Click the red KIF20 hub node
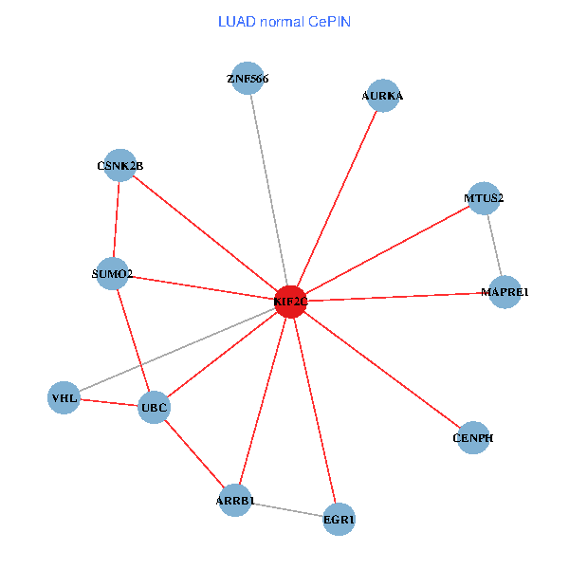click(x=290, y=302)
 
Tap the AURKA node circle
click(x=382, y=96)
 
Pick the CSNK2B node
click(x=119, y=166)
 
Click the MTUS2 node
click(x=484, y=198)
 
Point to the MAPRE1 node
click(x=505, y=293)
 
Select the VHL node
click(x=64, y=398)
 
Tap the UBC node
click(x=154, y=409)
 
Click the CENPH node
click(x=473, y=438)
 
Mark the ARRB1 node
click(x=235, y=500)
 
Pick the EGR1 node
click(x=339, y=519)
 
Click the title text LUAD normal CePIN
click(x=284, y=21)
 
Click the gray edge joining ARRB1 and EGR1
click(x=286, y=509)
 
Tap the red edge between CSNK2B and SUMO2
click(x=117, y=220)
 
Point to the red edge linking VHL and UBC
click(x=108, y=403)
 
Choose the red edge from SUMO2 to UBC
click(x=134, y=341)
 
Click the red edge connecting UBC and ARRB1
click(x=194, y=454)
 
